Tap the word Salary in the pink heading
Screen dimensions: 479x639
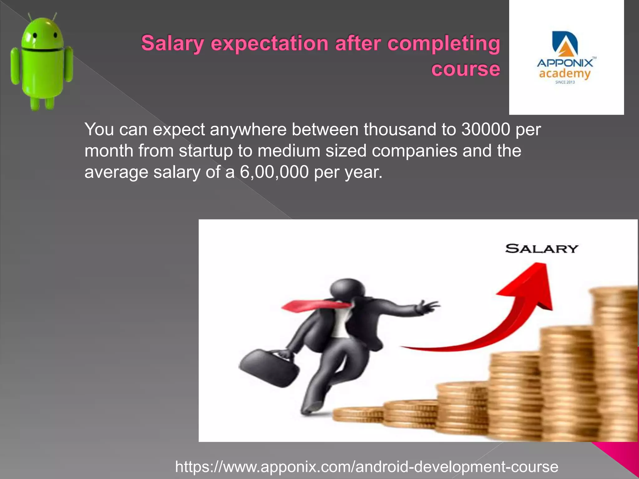coord(173,43)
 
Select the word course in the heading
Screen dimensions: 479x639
coord(466,69)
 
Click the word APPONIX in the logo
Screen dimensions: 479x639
coord(565,63)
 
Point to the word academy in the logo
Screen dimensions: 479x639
coord(565,74)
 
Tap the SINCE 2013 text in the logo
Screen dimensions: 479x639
coord(565,82)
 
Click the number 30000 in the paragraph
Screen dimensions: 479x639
coord(486,129)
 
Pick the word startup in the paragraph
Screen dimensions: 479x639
coord(206,151)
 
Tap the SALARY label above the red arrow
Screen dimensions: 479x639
coord(542,249)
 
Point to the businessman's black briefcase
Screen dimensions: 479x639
coord(269,368)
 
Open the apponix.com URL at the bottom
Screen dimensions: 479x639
coord(367,467)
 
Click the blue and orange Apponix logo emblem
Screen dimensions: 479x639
coord(565,44)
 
